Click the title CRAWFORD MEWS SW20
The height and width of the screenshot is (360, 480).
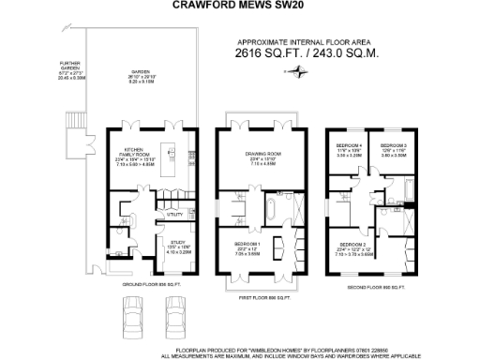(240, 6)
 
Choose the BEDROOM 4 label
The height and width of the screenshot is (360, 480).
(349, 145)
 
